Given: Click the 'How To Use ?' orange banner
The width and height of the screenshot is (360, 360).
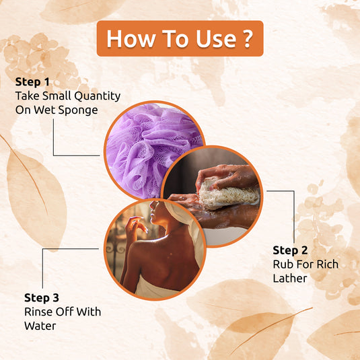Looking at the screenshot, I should point(179,38).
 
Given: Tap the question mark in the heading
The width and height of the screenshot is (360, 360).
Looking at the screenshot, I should point(248,38).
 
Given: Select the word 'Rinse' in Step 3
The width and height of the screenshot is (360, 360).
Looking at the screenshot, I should point(39,312).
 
